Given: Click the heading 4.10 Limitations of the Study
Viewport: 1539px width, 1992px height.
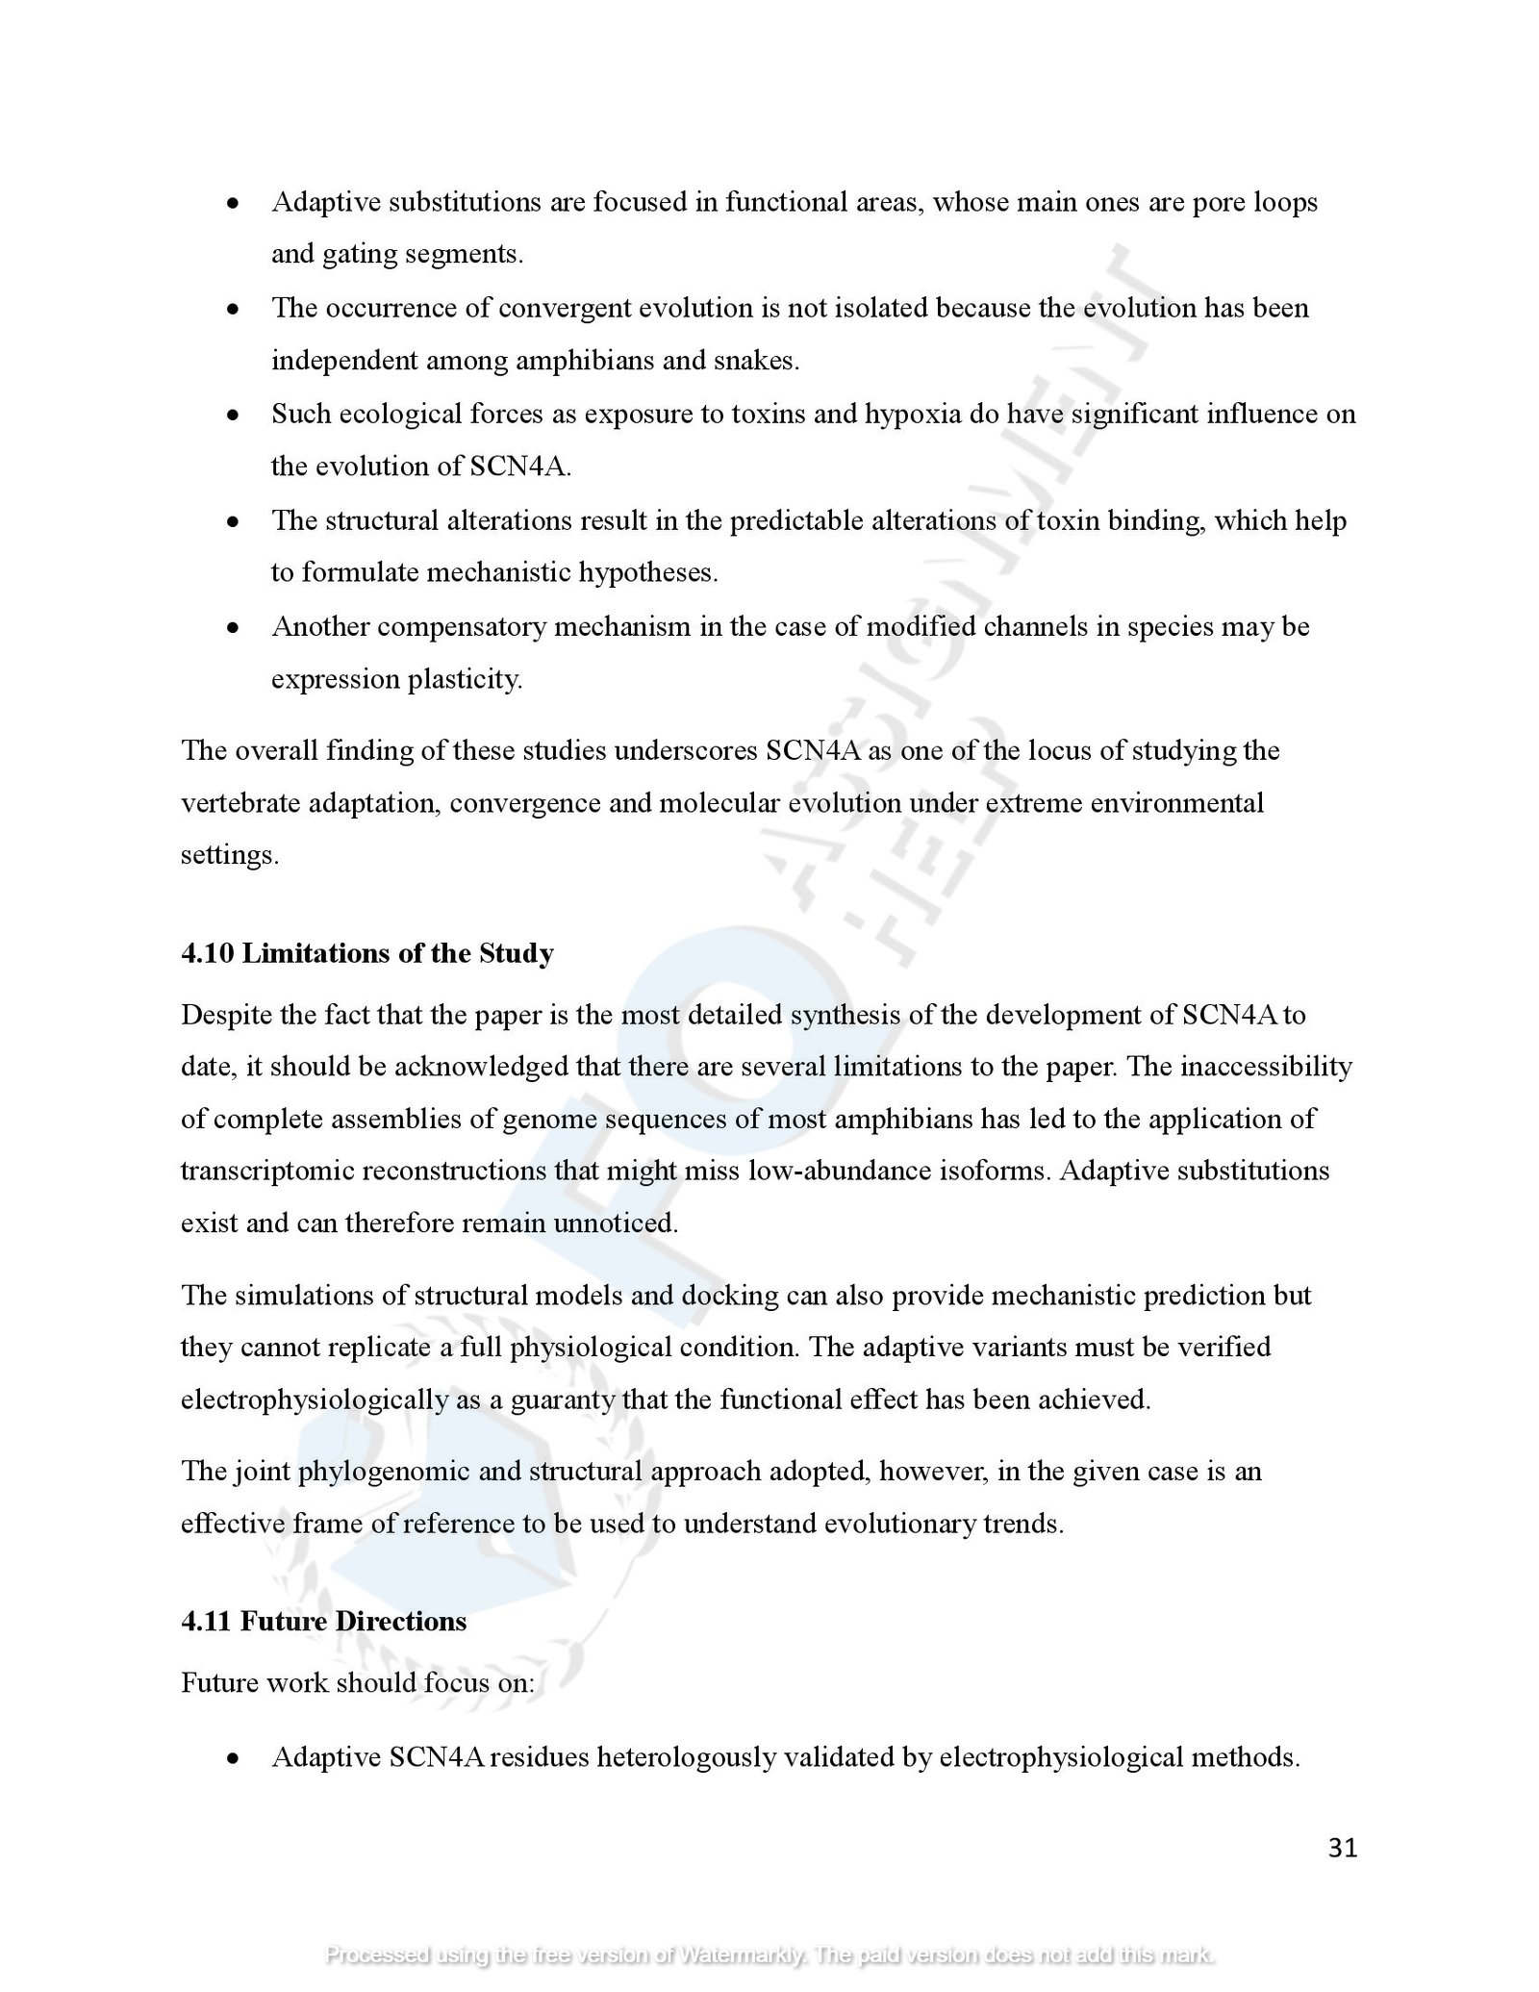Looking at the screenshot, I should [367, 953].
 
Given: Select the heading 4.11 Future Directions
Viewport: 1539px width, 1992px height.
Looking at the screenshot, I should [323, 1621].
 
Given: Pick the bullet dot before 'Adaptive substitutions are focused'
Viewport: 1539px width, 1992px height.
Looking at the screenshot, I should [232, 204].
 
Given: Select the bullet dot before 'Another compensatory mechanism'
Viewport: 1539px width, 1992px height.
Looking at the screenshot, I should [232, 628].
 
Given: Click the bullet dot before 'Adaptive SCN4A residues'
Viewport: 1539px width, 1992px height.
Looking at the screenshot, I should [232, 1759].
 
